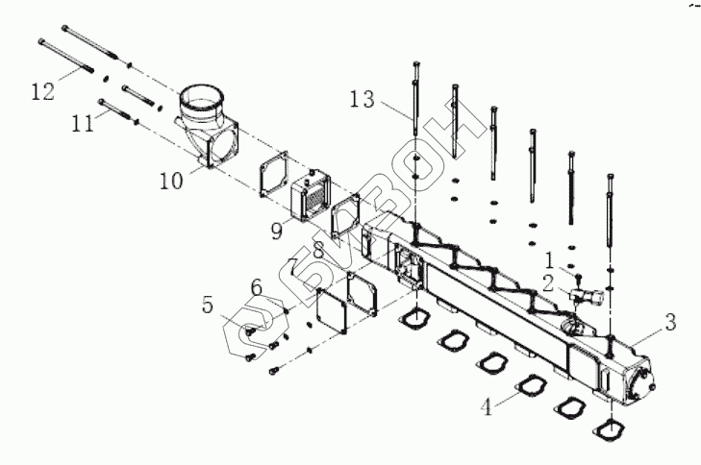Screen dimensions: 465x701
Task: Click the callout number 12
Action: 43,92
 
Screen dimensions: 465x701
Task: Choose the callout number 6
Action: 256,285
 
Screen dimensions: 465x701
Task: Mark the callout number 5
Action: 208,306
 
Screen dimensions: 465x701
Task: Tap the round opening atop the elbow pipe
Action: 204,96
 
